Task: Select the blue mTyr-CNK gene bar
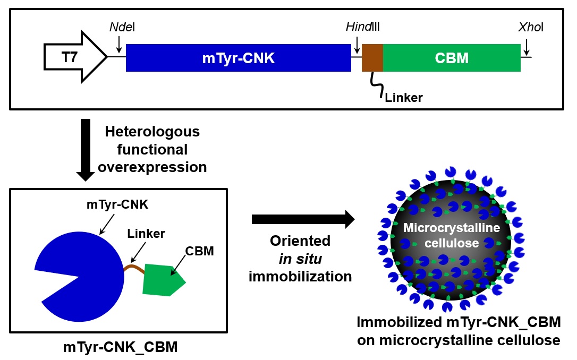click(238, 58)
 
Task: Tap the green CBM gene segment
click(452, 58)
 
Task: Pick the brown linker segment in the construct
click(372, 58)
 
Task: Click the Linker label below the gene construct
click(404, 97)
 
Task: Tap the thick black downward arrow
click(85, 149)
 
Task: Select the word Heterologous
click(152, 131)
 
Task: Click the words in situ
click(300, 259)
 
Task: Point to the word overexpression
click(152, 167)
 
